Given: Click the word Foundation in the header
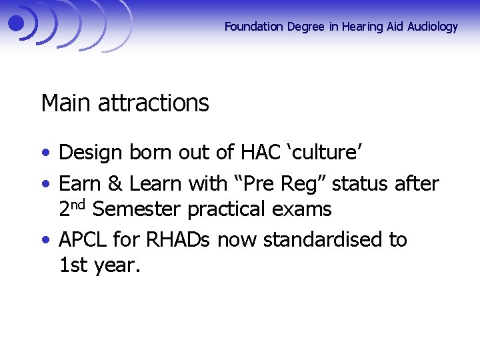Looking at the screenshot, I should tap(254, 27).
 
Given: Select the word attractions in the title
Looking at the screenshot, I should tap(153, 103).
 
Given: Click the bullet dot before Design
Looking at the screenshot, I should tap(45, 153).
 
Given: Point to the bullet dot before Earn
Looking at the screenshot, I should tap(45, 183).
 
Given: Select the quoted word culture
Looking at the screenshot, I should tap(325, 153).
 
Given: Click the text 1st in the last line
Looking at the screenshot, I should tap(73, 266).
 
